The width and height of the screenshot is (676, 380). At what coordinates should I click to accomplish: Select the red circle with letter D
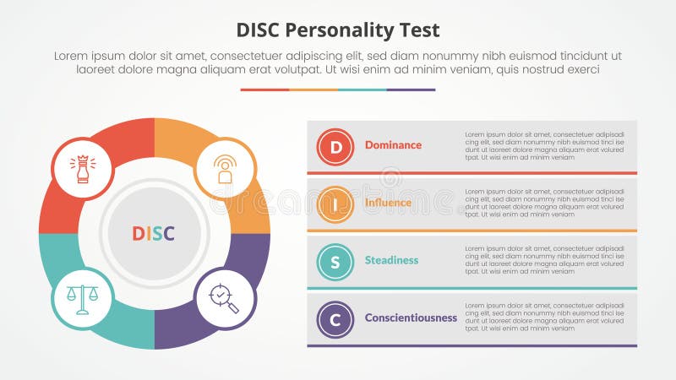[335, 147]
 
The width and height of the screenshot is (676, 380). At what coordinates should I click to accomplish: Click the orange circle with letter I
[335, 204]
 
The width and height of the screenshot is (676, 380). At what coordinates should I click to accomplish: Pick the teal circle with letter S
[335, 262]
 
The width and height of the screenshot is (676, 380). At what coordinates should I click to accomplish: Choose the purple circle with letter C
[335, 319]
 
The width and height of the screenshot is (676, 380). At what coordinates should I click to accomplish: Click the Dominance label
[393, 145]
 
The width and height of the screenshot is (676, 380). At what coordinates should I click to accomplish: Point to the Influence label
[388, 203]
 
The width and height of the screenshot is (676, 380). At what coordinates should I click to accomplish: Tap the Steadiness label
[391, 260]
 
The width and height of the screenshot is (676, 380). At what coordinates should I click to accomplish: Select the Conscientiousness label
[411, 318]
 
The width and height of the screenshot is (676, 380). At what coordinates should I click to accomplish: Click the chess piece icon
[83, 168]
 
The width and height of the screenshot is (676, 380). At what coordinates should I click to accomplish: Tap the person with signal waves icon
[225, 168]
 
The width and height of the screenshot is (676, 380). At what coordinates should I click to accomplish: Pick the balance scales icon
[83, 298]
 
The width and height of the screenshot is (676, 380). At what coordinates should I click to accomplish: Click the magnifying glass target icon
[225, 298]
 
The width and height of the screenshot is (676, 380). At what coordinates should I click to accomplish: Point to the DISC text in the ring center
[154, 233]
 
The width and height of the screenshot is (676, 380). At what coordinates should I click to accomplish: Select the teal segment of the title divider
[362, 90]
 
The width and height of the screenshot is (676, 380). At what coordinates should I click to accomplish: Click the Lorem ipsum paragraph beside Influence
[544, 203]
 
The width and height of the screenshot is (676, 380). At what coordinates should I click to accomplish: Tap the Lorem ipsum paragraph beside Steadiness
[544, 260]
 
